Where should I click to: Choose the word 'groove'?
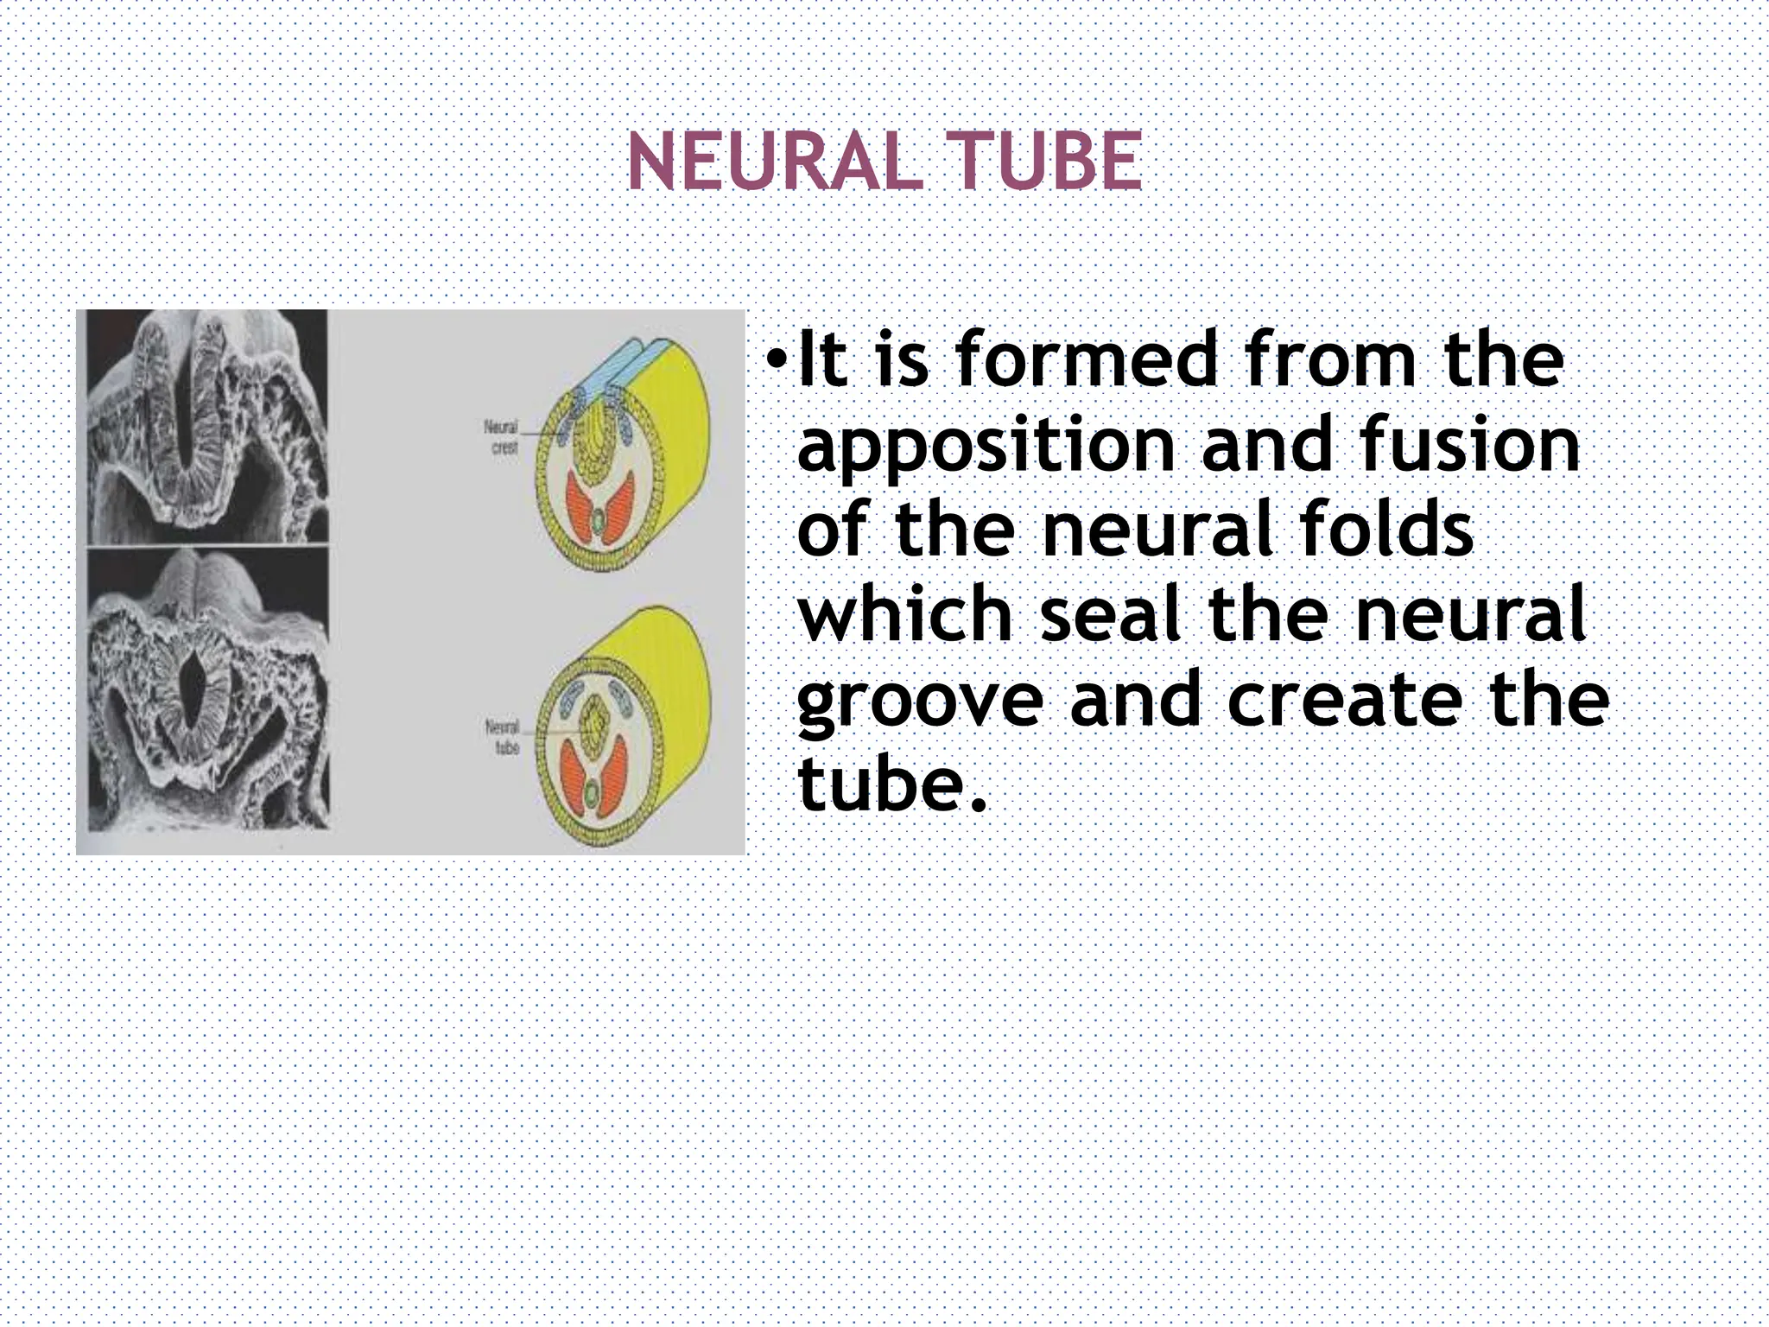click(920, 702)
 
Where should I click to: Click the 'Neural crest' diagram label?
click(503, 437)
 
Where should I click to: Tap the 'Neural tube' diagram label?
click(504, 736)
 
